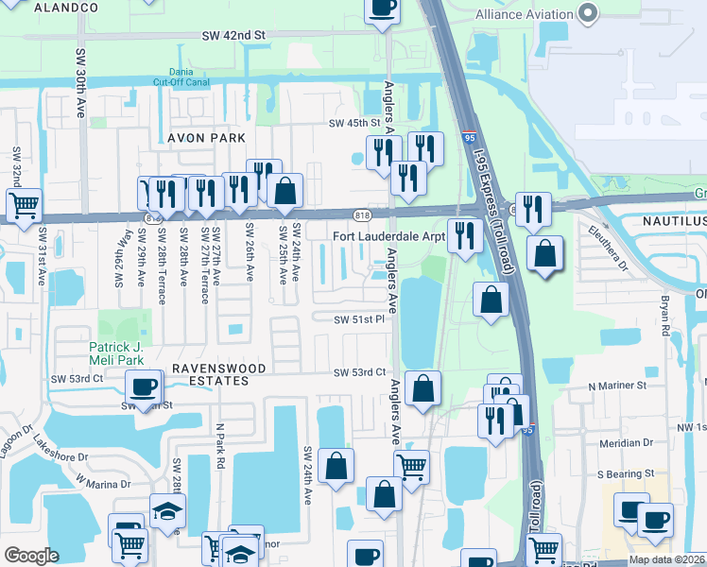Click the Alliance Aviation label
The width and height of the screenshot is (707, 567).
pos(524,14)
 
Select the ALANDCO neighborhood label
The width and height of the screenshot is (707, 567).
pos(66,8)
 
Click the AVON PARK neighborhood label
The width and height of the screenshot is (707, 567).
pos(206,138)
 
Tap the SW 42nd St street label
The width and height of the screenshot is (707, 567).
pos(235,34)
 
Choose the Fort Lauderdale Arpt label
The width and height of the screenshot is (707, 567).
pos(388,236)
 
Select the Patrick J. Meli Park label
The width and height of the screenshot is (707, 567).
pos(119,353)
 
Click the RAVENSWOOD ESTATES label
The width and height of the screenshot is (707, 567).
pos(209,374)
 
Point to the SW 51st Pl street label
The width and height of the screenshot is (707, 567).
pos(357,319)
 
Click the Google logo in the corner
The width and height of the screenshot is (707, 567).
pos(31,556)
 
